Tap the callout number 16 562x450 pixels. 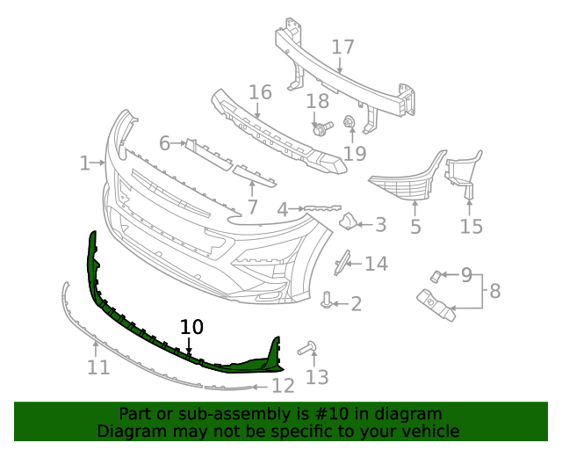pyautogui.click(x=260, y=92)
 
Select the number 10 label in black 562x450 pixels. pyautogui.click(x=191, y=327)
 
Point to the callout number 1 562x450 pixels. pyautogui.click(x=85, y=163)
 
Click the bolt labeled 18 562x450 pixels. pyautogui.click(x=321, y=129)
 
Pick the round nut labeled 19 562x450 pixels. pyautogui.click(x=349, y=122)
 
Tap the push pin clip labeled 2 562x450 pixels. pyautogui.click(x=328, y=301)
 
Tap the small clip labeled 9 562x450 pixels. pyautogui.click(x=435, y=277)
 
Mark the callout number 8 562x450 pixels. pyautogui.click(x=494, y=290)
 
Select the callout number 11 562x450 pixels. pyautogui.click(x=98, y=367)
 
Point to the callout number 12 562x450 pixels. pyautogui.click(x=282, y=385)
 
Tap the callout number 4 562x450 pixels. pyautogui.click(x=282, y=209)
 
